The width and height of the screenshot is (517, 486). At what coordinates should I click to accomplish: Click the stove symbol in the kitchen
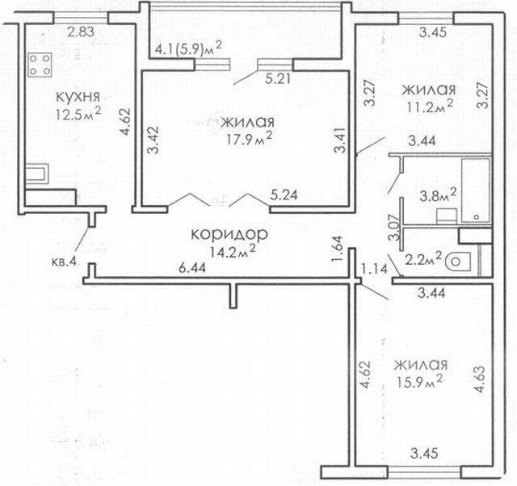(40, 65)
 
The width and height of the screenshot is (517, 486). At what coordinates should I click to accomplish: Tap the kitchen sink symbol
(37, 174)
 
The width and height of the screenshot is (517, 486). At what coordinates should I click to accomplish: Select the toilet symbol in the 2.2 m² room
(458, 262)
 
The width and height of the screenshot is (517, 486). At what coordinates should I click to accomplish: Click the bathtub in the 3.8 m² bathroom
(476, 190)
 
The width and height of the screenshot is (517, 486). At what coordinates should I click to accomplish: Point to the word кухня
(78, 97)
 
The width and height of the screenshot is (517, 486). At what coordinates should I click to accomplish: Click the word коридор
(229, 235)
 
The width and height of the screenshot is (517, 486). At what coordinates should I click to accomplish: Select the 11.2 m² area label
(430, 106)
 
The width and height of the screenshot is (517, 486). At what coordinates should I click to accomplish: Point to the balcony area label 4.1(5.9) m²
(187, 49)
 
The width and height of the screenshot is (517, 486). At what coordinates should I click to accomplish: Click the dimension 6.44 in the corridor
(192, 268)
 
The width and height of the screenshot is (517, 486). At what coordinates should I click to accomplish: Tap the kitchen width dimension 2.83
(81, 32)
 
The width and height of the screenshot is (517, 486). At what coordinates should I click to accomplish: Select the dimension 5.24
(284, 195)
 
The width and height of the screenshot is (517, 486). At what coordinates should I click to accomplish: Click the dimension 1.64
(338, 249)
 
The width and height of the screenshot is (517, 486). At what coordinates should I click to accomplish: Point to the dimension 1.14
(374, 269)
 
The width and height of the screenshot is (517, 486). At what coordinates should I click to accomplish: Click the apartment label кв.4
(64, 262)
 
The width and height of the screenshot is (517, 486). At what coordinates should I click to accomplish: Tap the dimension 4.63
(479, 379)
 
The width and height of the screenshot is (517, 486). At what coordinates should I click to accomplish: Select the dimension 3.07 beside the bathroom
(393, 228)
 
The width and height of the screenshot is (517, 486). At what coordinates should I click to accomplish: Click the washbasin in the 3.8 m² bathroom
(447, 216)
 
